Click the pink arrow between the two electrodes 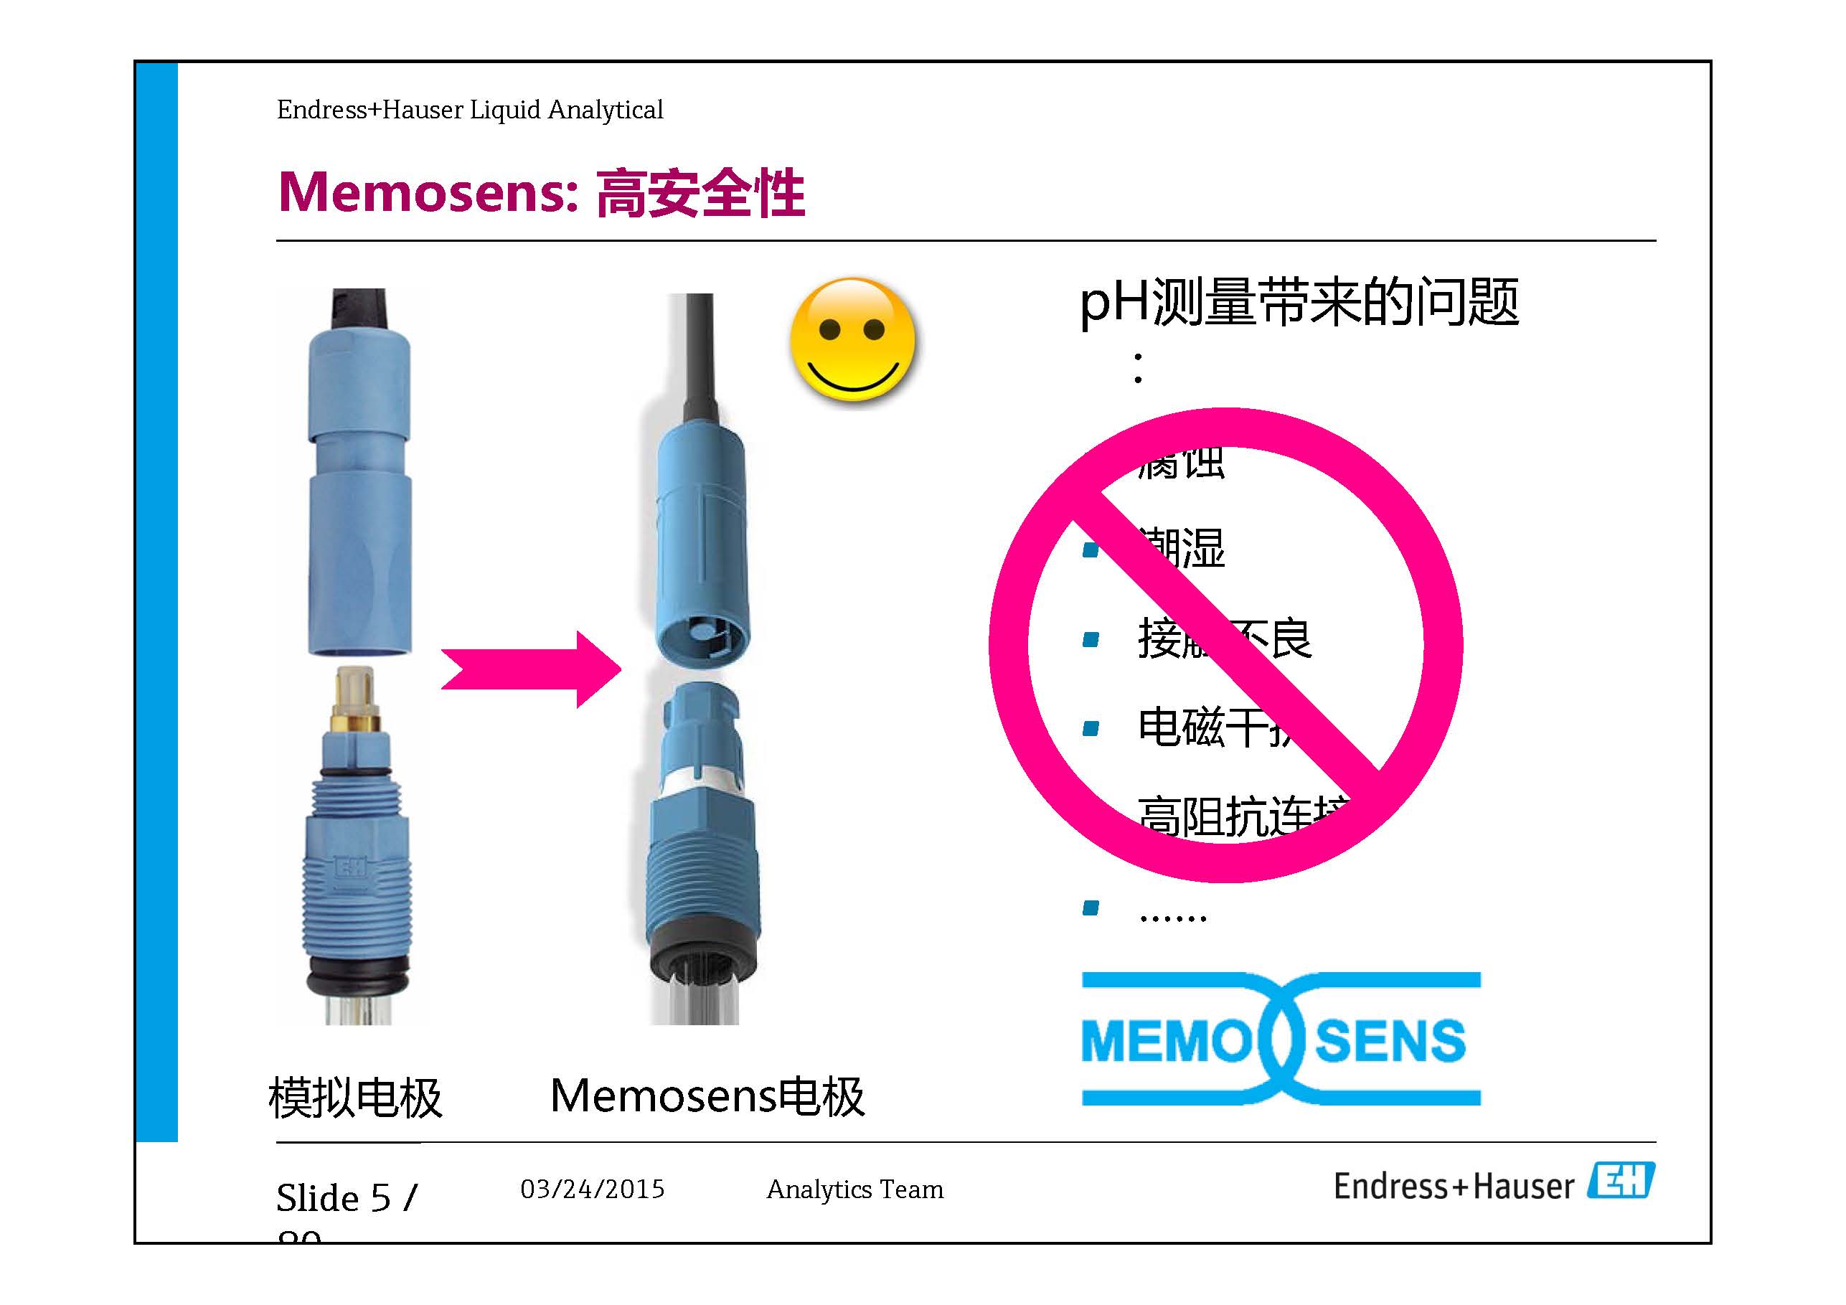[531, 669]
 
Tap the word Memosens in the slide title [427, 193]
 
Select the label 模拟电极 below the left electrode [354, 1098]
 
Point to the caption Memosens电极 [707, 1096]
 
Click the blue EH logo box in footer [1621, 1181]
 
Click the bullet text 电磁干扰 [1214, 727]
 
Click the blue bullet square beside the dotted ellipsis [1091, 908]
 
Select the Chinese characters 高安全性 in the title [700, 193]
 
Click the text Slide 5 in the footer [334, 1197]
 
